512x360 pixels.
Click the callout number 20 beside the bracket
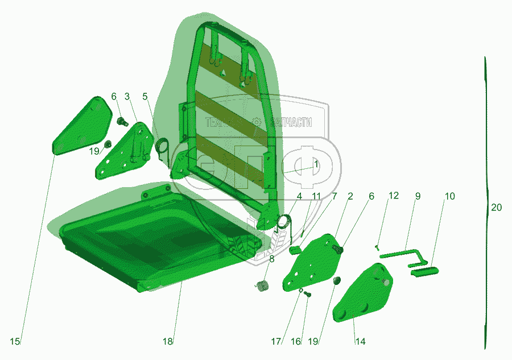[x=496, y=207]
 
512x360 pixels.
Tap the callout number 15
[x=15, y=341]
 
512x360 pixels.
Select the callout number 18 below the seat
[x=167, y=341]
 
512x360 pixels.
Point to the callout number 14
[x=360, y=341]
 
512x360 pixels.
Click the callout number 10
[x=449, y=196]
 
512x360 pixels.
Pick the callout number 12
[x=394, y=196]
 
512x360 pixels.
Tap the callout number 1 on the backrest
[x=316, y=164]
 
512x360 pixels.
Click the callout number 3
[x=127, y=96]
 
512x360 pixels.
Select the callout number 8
[x=272, y=259]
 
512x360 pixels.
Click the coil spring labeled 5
[x=162, y=148]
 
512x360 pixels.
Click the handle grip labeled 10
[x=424, y=271]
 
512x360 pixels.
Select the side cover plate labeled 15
[x=81, y=127]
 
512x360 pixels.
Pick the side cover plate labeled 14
[x=362, y=294]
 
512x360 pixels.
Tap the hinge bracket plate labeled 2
[x=312, y=263]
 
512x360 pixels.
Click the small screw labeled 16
[x=307, y=295]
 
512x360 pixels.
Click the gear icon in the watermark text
[x=257, y=122]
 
